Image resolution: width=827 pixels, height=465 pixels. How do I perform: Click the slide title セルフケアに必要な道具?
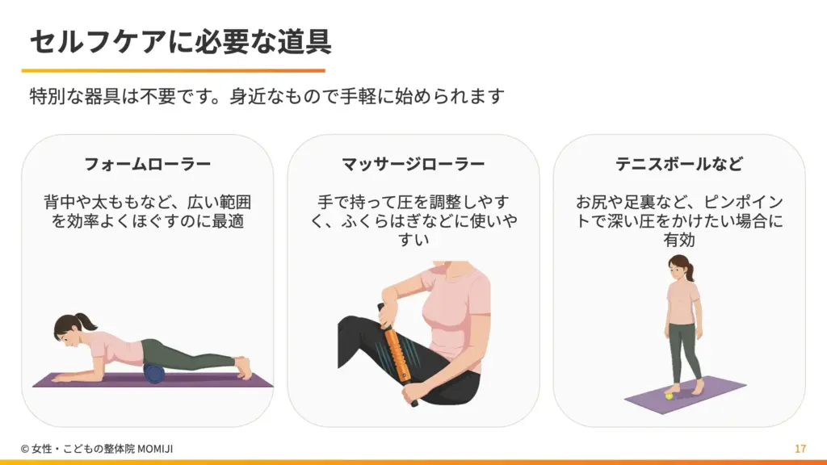[x=180, y=40]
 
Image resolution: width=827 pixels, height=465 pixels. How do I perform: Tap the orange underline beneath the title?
[x=173, y=70]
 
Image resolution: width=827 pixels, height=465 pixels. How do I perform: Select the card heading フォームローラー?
[x=147, y=165]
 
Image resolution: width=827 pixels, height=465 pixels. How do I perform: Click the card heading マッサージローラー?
[x=413, y=165]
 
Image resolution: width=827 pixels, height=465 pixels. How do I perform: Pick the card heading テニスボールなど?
[x=678, y=165]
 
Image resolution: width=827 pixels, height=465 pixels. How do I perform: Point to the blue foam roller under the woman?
[x=153, y=372]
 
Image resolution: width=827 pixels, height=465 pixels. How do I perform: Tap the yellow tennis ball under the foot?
[x=669, y=395]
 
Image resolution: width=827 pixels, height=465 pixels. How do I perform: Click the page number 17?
[x=800, y=449]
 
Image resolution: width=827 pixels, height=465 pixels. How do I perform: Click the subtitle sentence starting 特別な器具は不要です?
[x=267, y=97]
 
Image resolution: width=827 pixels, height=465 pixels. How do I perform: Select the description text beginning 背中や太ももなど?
[x=147, y=211]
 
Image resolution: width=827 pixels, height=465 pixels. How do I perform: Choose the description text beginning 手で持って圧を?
[x=413, y=220]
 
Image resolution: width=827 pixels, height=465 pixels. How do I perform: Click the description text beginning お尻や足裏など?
[x=678, y=220]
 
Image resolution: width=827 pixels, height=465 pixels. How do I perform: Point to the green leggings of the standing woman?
[x=683, y=347]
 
